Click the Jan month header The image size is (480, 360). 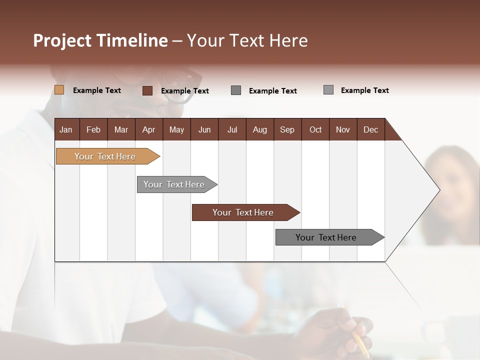click(66, 129)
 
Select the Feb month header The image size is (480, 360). click(93, 129)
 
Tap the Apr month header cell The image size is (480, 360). click(148, 129)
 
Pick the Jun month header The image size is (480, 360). click(204, 129)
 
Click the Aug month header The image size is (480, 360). click(259, 129)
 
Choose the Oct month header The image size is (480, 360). click(315, 129)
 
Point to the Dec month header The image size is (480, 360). click(370, 129)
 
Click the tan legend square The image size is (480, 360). click(59, 90)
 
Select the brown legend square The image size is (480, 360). click(147, 90)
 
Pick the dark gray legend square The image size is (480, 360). click(236, 90)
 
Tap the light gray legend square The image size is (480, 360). click(328, 90)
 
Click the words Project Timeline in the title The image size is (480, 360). click(100, 40)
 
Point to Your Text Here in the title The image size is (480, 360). click(247, 40)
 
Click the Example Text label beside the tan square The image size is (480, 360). click(97, 90)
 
